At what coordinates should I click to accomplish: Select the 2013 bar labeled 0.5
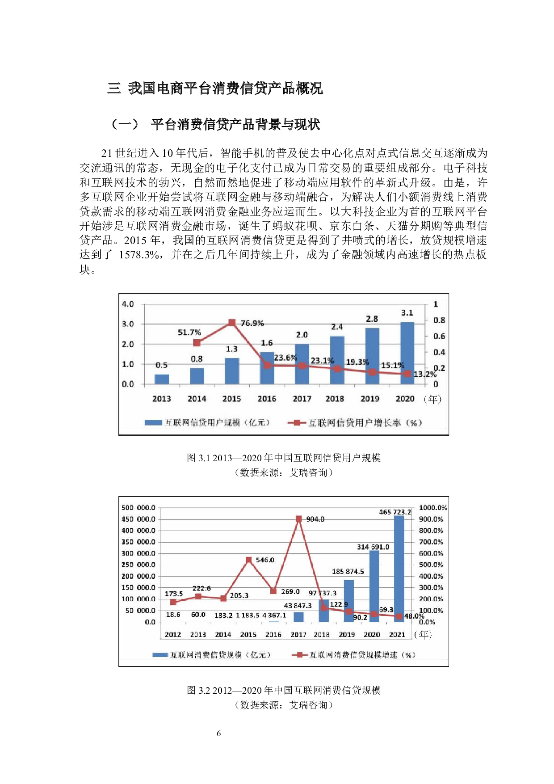click(162, 379)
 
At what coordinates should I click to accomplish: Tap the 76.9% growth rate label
click(252, 323)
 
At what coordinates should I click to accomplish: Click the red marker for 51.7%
click(197, 343)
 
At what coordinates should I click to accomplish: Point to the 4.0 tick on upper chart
click(128, 304)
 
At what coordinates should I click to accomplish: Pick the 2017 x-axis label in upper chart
click(302, 399)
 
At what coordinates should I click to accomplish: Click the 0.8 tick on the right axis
click(439, 320)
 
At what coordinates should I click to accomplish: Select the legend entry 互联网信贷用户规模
click(208, 422)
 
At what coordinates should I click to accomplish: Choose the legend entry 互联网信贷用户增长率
click(355, 422)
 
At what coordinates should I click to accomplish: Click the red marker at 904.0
click(298, 519)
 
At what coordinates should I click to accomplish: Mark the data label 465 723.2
click(395, 512)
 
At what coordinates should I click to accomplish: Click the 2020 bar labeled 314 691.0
click(374, 586)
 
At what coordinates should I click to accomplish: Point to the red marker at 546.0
click(249, 560)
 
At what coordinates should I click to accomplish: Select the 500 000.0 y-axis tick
click(138, 508)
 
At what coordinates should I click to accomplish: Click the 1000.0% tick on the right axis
click(432, 508)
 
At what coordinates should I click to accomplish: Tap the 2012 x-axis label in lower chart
click(173, 635)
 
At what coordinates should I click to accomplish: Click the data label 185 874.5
click(348, 571)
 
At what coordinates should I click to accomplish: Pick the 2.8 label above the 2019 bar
click(372, 319)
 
